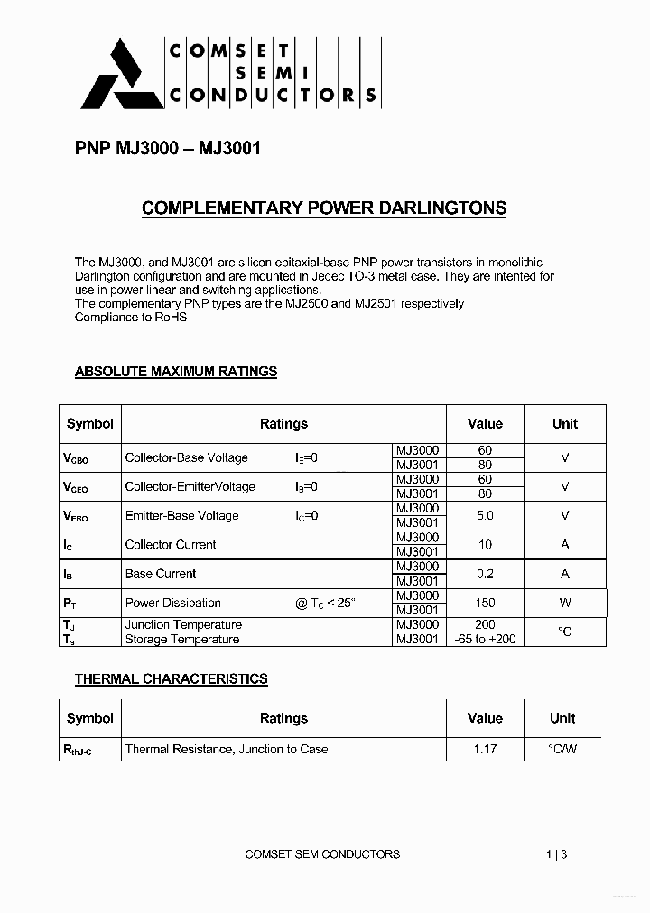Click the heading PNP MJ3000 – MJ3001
pos(167,148)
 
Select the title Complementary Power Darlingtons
pos(324,208)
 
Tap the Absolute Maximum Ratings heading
pos(175,371)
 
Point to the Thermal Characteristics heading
pos(171,678)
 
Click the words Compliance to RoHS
pos(130,318)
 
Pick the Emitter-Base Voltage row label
pos(181,515)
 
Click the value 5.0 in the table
pos(485,515)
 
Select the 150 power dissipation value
pos(485,603)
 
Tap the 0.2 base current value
pos(485,574)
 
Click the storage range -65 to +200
pos(485,639)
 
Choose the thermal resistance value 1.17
pos(485,749)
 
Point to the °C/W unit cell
pos(563,749)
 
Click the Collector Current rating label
pos(171,544)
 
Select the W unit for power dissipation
pos(565,603)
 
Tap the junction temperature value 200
pos(485,624)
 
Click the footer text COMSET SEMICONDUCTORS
pos(322,853)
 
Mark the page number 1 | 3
pos(557,853)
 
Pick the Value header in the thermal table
pos(485,718)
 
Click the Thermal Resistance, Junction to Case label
pos(227,749)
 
